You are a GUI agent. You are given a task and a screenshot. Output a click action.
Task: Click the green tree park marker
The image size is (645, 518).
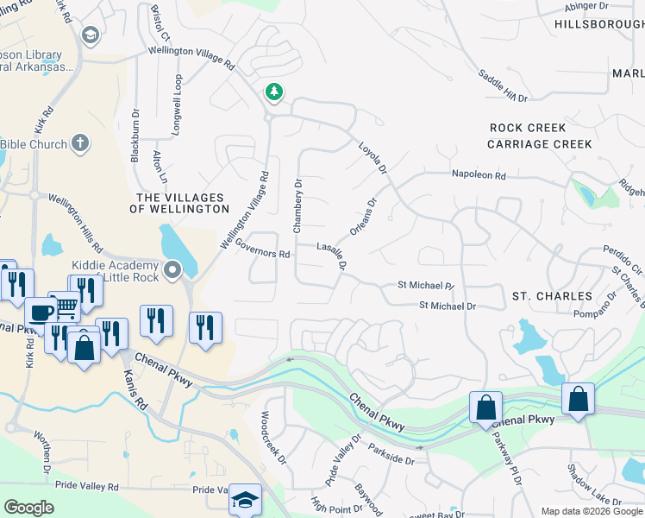(x=273, y=91)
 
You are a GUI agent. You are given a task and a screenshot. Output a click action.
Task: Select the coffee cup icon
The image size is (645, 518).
(x=41, y=312)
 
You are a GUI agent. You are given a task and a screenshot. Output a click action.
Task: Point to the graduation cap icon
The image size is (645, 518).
(x=245, y=500)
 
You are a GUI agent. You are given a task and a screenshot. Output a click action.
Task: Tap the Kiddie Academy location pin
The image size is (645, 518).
(x=173, y=270)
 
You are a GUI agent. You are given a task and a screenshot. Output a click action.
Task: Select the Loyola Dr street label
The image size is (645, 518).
(x=373, y=159)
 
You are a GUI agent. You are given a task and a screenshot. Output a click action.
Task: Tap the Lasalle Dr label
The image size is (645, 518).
(x=331, y=256)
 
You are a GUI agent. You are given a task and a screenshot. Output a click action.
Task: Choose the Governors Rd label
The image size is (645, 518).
(x=260, y=250)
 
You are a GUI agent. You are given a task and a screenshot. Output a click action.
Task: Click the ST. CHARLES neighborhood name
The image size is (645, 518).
(x=552, y=296)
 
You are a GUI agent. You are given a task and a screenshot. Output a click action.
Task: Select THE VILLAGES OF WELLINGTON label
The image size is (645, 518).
(x=179, y=204)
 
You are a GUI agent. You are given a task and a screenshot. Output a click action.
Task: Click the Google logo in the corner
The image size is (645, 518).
(x=29, y=507)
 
